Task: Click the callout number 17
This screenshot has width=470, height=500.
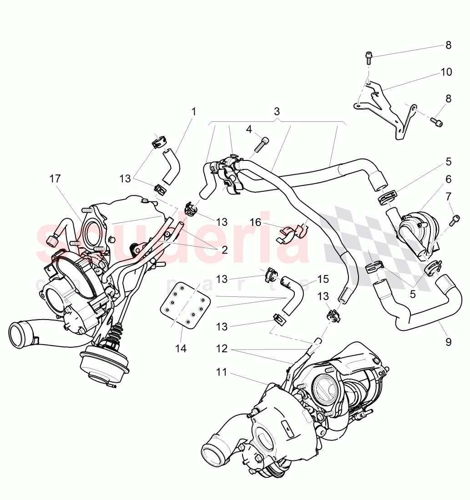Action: [x=55, y=179]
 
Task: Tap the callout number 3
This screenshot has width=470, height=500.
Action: [x=277, y=111]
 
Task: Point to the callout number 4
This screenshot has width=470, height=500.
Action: [x=249, y=129]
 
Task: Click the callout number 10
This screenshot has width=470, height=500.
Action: [x=446, y=72]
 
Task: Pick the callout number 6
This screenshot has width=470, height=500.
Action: [x=448, y=179]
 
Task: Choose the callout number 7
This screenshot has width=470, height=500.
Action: [x=448, y=197]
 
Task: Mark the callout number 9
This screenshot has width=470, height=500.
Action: [x=448, y=342]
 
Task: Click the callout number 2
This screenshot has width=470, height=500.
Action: [x=224, y=250]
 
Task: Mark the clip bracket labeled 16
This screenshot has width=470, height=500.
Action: [x=290, y=233]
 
